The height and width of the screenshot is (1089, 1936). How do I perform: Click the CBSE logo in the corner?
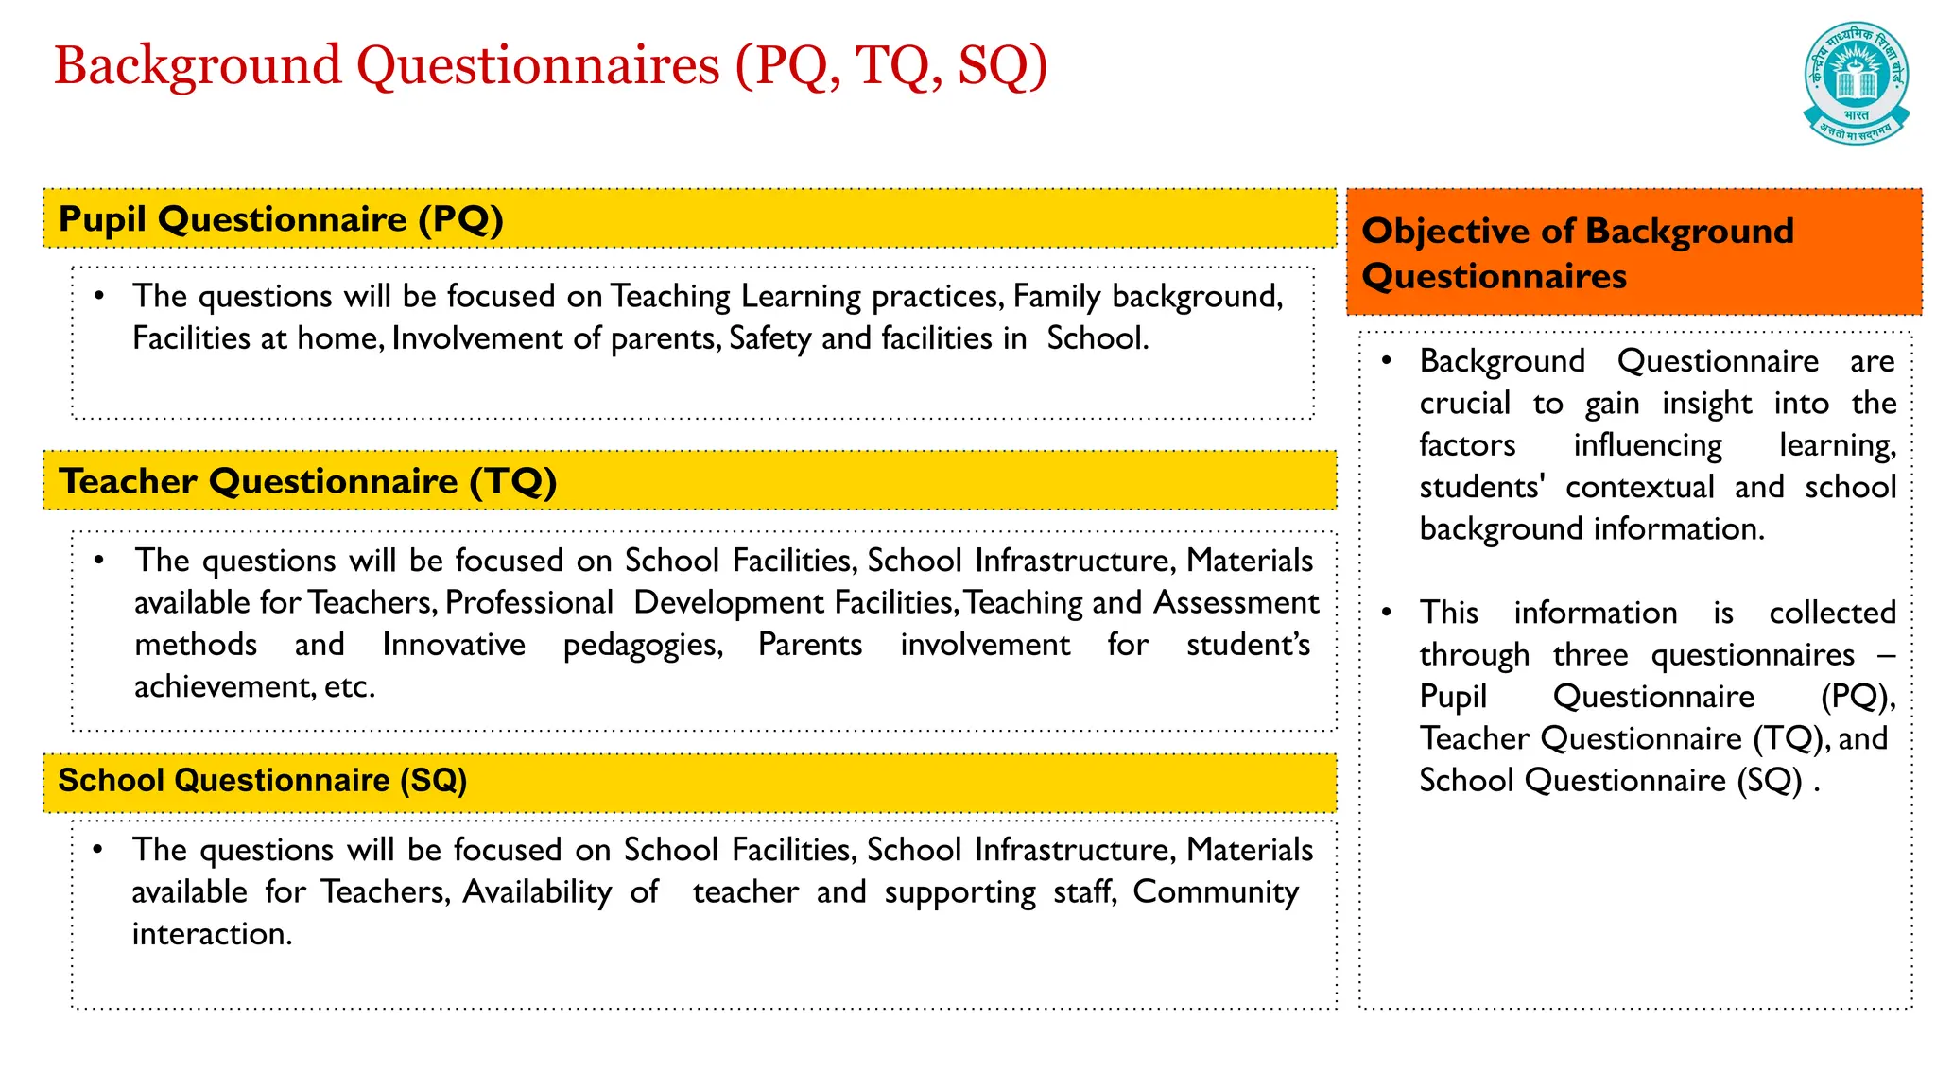tap(1856, 82)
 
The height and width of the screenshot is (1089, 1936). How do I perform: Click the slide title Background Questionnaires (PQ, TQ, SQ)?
tap(550, 66)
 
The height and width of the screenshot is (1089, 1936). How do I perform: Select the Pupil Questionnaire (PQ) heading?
tap(281, 219)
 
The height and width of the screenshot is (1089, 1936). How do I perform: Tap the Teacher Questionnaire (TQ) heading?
tap(307, 481)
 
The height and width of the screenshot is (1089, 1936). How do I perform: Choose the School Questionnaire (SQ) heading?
tap(263, 781)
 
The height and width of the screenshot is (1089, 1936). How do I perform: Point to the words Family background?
tap(1147, 297)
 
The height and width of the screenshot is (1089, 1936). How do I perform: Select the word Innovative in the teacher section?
tap(454, 645)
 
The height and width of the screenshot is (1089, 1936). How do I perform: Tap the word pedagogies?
tap(643, 645)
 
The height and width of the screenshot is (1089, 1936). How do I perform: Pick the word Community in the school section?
tap(1216, 892)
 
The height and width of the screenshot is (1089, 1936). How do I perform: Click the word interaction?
tap(212, 934)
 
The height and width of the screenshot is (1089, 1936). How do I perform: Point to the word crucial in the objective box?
tap(1464, 404)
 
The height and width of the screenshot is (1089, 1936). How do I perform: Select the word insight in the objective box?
tap(1706, 404)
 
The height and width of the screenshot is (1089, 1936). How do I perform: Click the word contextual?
tap(1639, 487)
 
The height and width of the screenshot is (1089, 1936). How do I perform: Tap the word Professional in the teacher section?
tap(529, 603)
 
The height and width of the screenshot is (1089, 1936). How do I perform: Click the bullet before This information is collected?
tap(1386, 613)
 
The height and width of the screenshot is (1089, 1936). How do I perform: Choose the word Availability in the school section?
tap(537, 892)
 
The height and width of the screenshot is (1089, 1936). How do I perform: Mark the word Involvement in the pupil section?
tap(477, 338)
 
